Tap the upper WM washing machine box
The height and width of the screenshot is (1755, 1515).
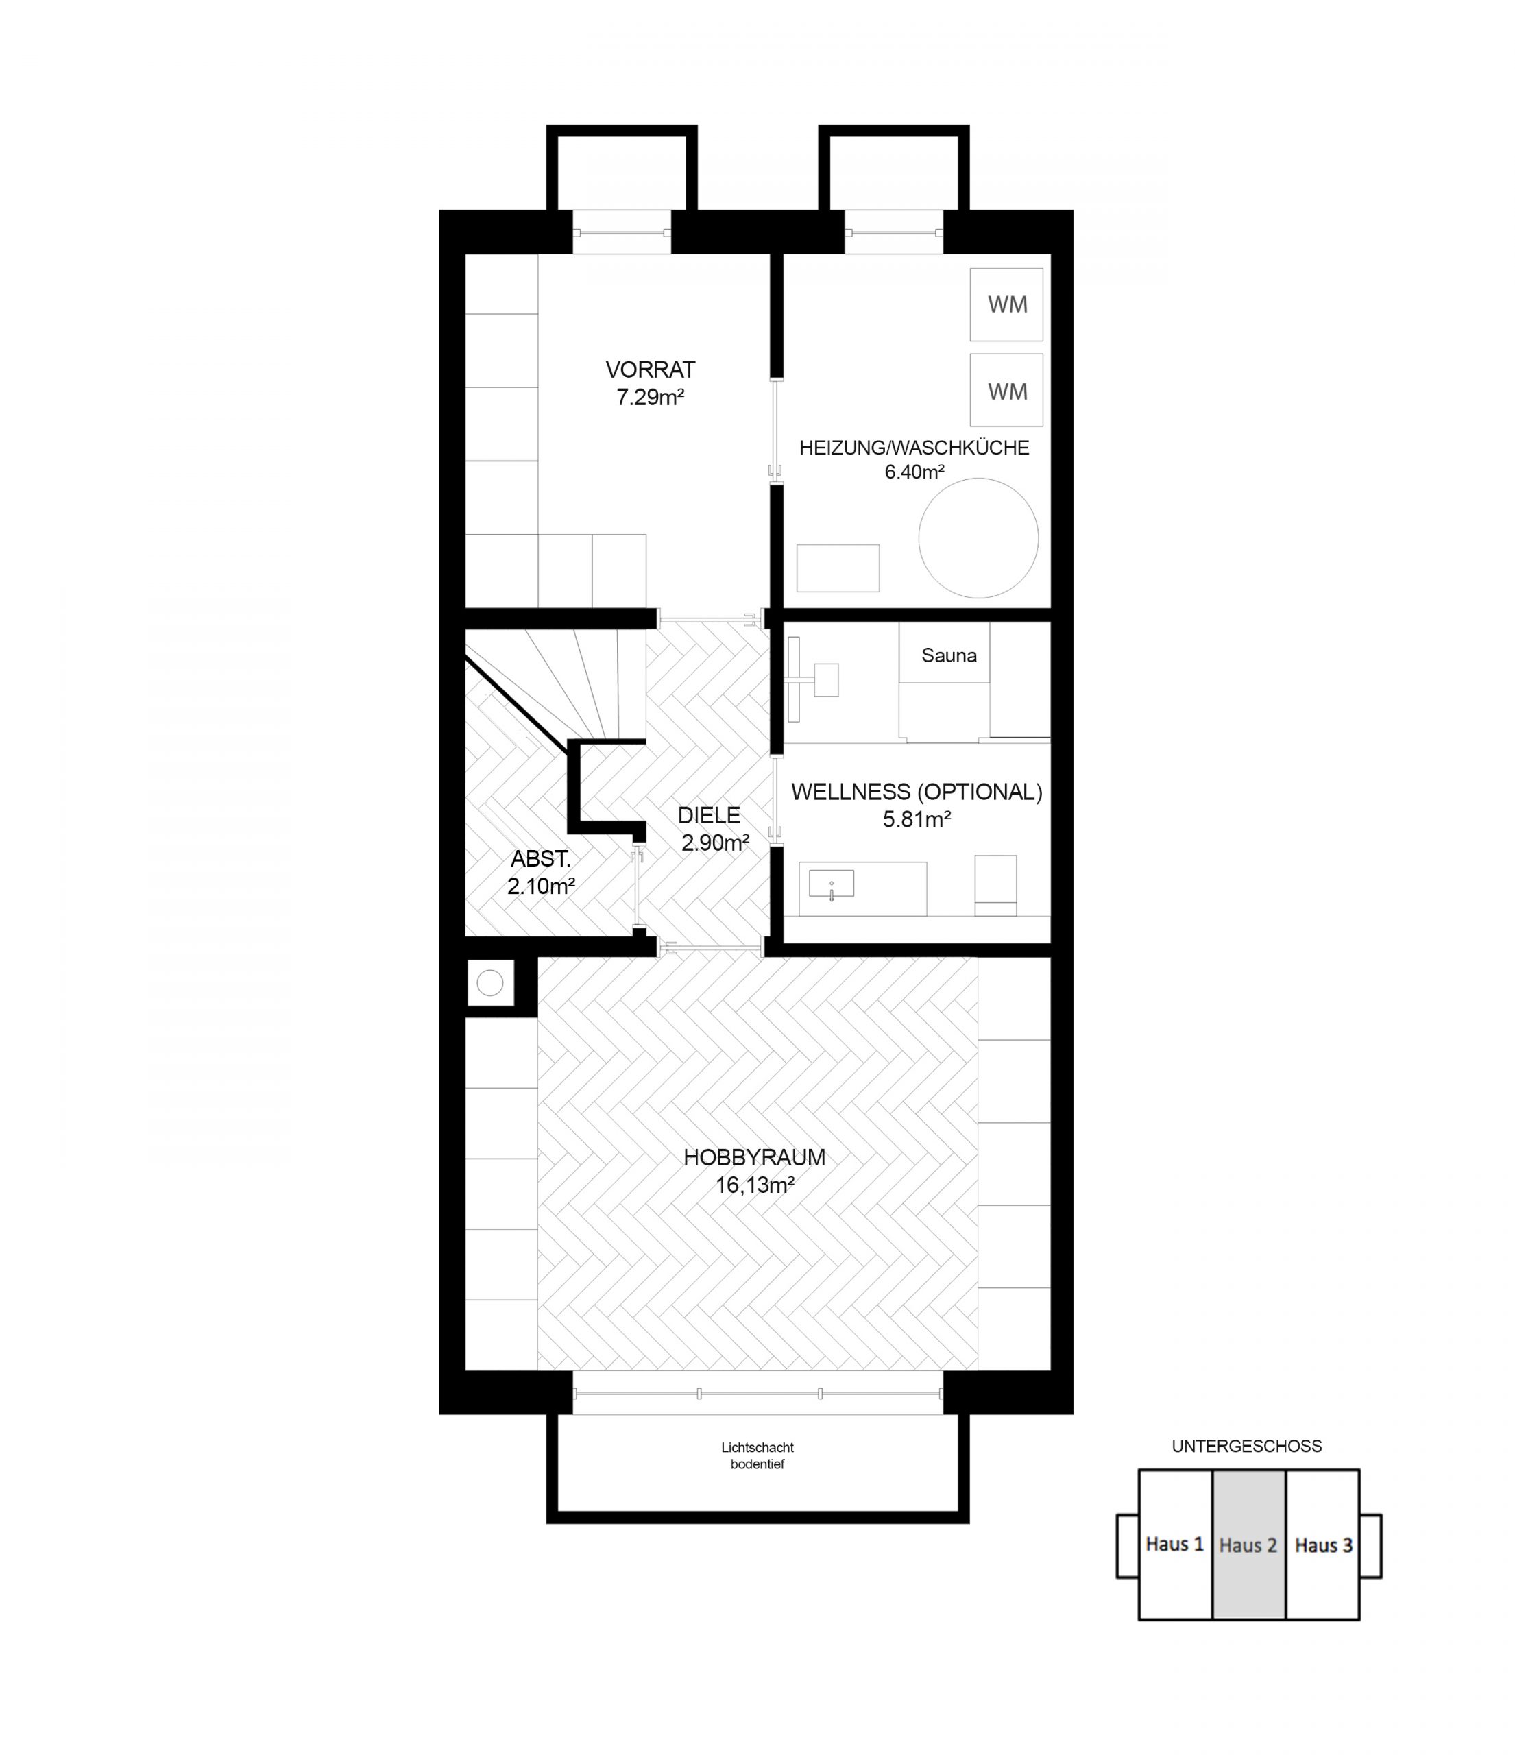point(1006,305)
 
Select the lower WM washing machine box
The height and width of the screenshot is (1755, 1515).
point(1006,391)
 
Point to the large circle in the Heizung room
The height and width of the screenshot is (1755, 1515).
point(978,538)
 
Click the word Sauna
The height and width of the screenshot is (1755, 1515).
point(949,655)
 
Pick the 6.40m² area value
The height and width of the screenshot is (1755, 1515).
point(914,472)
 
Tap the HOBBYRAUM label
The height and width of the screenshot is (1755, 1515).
point(753,1157)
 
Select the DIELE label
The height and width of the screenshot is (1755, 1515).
point(709,815)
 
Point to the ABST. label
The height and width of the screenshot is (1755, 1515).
point(540,859)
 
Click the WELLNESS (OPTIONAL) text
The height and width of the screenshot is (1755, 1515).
point(917,792)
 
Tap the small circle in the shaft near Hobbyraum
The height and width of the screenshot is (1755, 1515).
point(490,983)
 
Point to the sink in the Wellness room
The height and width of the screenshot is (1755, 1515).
point(831,884)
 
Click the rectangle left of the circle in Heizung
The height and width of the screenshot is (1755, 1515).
point(838,568)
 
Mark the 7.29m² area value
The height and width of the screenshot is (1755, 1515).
point(649,397)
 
